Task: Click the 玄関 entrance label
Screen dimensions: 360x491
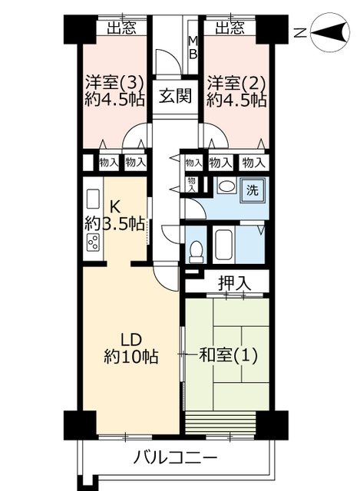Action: [x=175, y=95]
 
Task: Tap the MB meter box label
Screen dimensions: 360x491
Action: [x=193, y=48]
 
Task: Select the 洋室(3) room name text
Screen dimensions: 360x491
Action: [x=114, y=83]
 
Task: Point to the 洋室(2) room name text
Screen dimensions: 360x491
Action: [x=236, y=83]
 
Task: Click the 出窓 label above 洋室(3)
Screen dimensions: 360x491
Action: [x=122, y=28]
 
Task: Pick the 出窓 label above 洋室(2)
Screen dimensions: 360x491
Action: [x=230, y=28]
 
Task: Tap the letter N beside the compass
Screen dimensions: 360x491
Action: [x=300, y=32]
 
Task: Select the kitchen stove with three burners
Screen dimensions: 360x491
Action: [x=94, y=242]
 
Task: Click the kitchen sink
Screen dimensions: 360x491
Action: [x=93, y=199]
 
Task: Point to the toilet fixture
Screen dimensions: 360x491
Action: [x=197, y=251]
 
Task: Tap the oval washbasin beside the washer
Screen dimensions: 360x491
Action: [x=227, y=186]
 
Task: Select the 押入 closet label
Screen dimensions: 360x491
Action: [x=234, y=283]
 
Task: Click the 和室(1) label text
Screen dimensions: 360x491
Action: [x=229, y=356]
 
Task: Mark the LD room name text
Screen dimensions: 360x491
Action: [x=131, y=340]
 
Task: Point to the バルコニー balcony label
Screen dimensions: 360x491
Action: [x=176, y=459]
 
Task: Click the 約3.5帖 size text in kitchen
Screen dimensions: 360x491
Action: [x=114, y=223]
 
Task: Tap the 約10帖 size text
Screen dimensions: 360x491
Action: [x=131, y=356]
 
